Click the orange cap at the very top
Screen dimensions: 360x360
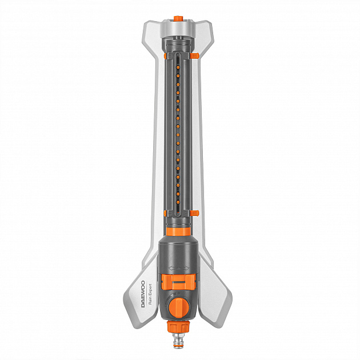pyautogui.click(x=178, y=18)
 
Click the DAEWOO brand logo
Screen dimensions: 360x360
pyautogui.click(x=143, y=294)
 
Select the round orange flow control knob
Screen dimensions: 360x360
pyautogui.click(x=179, y=307)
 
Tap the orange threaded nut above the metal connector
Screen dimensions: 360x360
pyautogui.click(x=178, y=327)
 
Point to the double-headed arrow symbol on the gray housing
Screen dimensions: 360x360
pyautogui.click(x=179, y=267)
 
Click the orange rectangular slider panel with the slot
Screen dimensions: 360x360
pyautogui.click(x=178, y=282)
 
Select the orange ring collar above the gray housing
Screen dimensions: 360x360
pyautogui.click(x=178, y=231)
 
